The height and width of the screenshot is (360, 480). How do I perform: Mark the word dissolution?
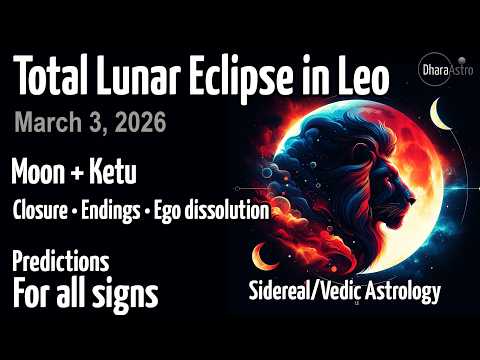tap(230, 212)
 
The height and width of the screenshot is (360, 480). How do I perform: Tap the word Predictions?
tap(60, 263)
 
